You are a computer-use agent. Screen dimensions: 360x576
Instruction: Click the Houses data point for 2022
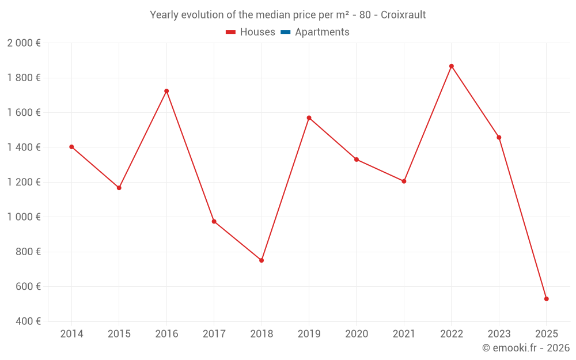(x=452, y=66)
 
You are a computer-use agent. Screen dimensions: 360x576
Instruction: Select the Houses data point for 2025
(x=547, y=299)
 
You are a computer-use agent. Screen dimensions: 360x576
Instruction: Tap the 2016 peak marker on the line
(x=166, y=91)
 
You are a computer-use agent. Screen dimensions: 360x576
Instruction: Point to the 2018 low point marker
(x=262, y=260)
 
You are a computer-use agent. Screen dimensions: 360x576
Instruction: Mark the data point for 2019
(x=309, y=118)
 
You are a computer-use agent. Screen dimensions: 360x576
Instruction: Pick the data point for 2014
(x=71, y=147)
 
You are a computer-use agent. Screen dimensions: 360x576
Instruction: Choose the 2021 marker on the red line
(x=404, y=181)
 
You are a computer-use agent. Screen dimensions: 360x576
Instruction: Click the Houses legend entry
(x=251, y=32)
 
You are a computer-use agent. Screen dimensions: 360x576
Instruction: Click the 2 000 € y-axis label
(x=24, y=43)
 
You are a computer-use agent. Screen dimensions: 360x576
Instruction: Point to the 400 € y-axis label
(x=27, y=321)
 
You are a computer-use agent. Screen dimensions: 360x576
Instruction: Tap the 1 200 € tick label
(x=24, y=182)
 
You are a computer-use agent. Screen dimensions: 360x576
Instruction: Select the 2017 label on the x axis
(x=214, y=334)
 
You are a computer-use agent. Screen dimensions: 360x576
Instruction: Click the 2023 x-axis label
(x=499, y=334)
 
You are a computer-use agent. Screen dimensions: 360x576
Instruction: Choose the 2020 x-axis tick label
(x=357, y=334)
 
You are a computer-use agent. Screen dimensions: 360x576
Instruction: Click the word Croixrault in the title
(x=403, y=15)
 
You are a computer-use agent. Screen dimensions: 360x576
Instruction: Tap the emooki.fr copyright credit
(x=526, y=348)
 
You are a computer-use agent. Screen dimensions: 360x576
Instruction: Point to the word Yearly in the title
(x=165, y=15)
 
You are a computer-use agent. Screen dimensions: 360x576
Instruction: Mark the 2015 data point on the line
(x=119, y=188)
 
